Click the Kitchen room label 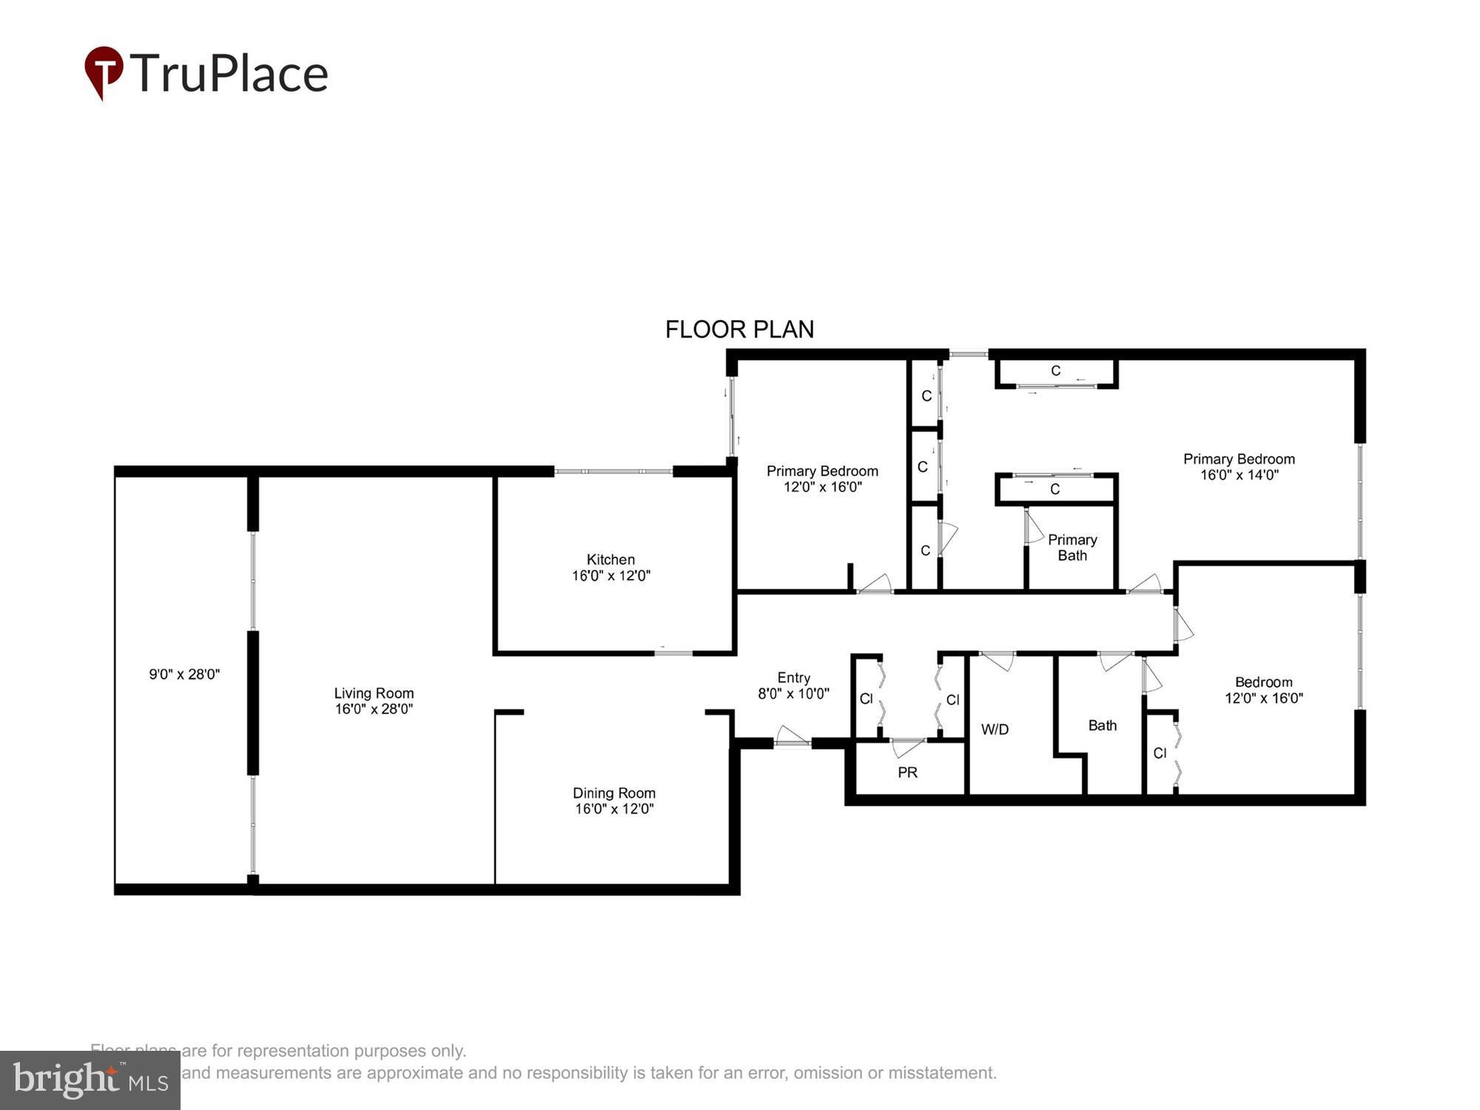tap(610, 559)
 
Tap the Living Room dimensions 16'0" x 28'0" tap(374, 709)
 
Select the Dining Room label tap(613, 793)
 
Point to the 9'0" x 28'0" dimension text tap(184, 674)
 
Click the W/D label tap(995, 730)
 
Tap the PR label tap(907, 773)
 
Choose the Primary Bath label tap(1072, 548)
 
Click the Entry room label tap(793, 678)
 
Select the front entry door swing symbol tap(793, 736)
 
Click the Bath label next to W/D tap(1102, 726)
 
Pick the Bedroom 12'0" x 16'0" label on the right tap(1263, 690)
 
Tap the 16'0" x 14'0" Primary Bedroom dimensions tap(1239, 475)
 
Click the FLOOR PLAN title tap(739, 329)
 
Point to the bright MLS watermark tap(90, 1080)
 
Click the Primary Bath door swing tap(1034, 527)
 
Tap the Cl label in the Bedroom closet tap(1160, 753)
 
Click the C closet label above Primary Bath tap(1054, 489)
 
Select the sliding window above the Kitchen tap(613, 471)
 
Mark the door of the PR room tap(907, 747)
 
